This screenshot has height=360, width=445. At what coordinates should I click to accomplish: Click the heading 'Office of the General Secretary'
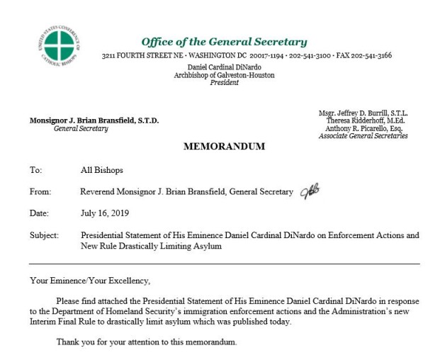pos(224,42)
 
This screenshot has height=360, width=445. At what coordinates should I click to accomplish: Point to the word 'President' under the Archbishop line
pos(224,82)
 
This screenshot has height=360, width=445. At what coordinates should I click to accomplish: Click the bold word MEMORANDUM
pos(224,147)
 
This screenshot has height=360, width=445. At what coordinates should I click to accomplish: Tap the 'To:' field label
pos(35,170)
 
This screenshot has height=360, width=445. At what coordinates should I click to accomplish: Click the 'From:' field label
pos(40,191)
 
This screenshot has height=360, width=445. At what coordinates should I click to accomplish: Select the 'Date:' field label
pos(38,213)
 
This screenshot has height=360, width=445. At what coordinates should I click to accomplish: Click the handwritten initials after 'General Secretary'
pos(310,191)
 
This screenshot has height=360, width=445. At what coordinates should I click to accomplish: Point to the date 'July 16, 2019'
pos(105,213)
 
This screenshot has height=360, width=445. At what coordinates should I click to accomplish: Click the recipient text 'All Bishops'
pos(102,170)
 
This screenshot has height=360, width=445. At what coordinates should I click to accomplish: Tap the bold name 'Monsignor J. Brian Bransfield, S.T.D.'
pos(94,120)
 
